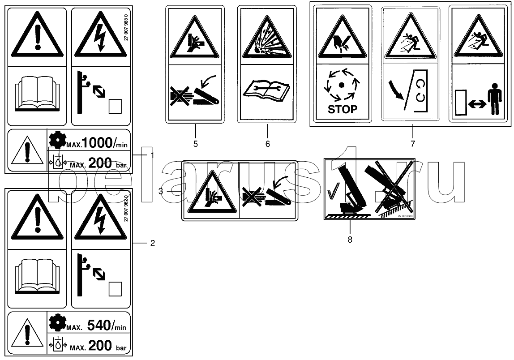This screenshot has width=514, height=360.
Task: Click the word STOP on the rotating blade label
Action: point(343,109)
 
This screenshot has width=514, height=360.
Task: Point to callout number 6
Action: point(267,144)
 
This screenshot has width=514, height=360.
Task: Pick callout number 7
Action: point(412,144)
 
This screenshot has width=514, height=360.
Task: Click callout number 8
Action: point(350,240)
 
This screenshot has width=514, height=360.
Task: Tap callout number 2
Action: point(152,243)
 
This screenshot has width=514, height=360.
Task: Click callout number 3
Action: point(160,191)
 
